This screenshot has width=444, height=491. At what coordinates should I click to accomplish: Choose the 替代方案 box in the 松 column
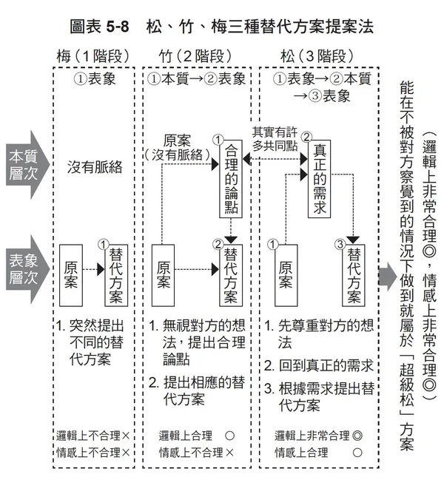pos(354,275)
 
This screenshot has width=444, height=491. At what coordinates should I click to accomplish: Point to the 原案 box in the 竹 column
pos(164,274)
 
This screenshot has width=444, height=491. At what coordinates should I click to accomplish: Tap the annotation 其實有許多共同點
pos(276,138)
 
